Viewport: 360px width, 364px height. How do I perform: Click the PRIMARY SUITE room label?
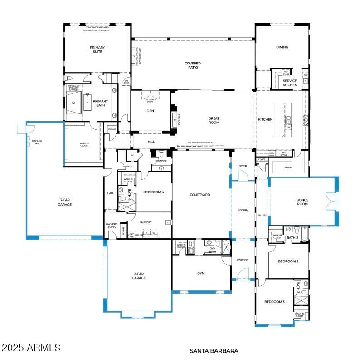click(97, 49)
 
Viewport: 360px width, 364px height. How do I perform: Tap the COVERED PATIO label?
click(193, 66)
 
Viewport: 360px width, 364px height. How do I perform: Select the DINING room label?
click(282, 47)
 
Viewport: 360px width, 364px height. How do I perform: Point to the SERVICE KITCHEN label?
click(290, 83)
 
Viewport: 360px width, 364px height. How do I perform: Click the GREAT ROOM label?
click(214, 121)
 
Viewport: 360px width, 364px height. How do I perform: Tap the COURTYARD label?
click(200, 195)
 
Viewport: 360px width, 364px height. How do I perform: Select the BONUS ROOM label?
click(302, 202)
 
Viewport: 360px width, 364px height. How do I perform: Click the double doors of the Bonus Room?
click(331, 201)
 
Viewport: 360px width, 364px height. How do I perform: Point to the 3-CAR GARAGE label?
click(65, 202)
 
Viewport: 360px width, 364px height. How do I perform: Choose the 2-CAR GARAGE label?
click(139, 276)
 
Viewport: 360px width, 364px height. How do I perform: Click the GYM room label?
click(201, 273)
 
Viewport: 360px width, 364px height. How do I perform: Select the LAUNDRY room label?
click(146, 222)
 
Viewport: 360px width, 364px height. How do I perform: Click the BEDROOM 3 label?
click(275, 302)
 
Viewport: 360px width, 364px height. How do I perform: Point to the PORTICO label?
click(243, 260)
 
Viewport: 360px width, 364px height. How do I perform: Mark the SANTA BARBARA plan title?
click(214, 351)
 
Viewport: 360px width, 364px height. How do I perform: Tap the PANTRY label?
click(288, 167)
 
